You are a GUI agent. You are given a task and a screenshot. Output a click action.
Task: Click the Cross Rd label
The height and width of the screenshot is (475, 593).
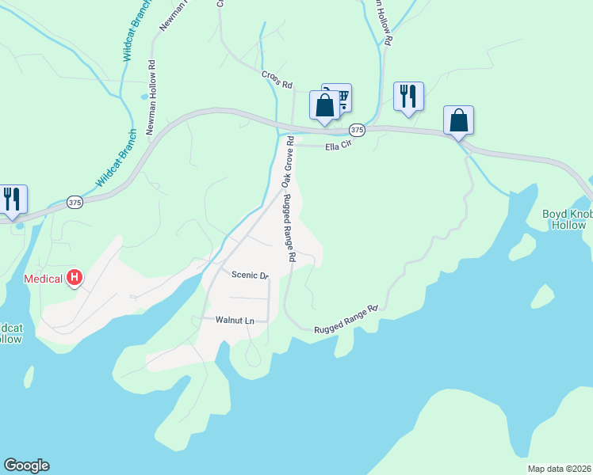(277, 79)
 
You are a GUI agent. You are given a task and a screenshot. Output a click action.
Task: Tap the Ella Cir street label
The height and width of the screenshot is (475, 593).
(335, 146)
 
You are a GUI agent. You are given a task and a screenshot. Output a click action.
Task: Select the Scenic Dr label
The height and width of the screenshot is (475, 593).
(250, 275)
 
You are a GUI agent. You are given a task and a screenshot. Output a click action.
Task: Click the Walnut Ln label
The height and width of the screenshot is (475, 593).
(235, 320)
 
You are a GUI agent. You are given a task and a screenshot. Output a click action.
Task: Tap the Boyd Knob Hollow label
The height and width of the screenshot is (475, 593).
(566, 219)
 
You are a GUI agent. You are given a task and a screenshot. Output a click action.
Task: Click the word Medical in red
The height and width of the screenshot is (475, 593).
(44, 279)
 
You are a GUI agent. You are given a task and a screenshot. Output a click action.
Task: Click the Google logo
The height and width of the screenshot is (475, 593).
(26, 465)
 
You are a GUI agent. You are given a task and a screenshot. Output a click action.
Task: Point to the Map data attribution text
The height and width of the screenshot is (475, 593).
(559, 469)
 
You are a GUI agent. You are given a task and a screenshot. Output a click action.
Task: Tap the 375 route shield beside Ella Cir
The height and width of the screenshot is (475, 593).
(357, 130)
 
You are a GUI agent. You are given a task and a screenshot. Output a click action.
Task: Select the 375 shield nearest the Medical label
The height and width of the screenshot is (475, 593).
(75, 203)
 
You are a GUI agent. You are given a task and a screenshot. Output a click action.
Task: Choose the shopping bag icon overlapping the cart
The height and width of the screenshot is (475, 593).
(325, 105)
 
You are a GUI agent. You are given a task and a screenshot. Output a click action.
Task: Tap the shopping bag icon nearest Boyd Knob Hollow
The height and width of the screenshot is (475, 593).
(458, 120)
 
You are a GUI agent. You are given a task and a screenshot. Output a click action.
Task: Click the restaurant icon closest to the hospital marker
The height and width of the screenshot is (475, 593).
(12, 199)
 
